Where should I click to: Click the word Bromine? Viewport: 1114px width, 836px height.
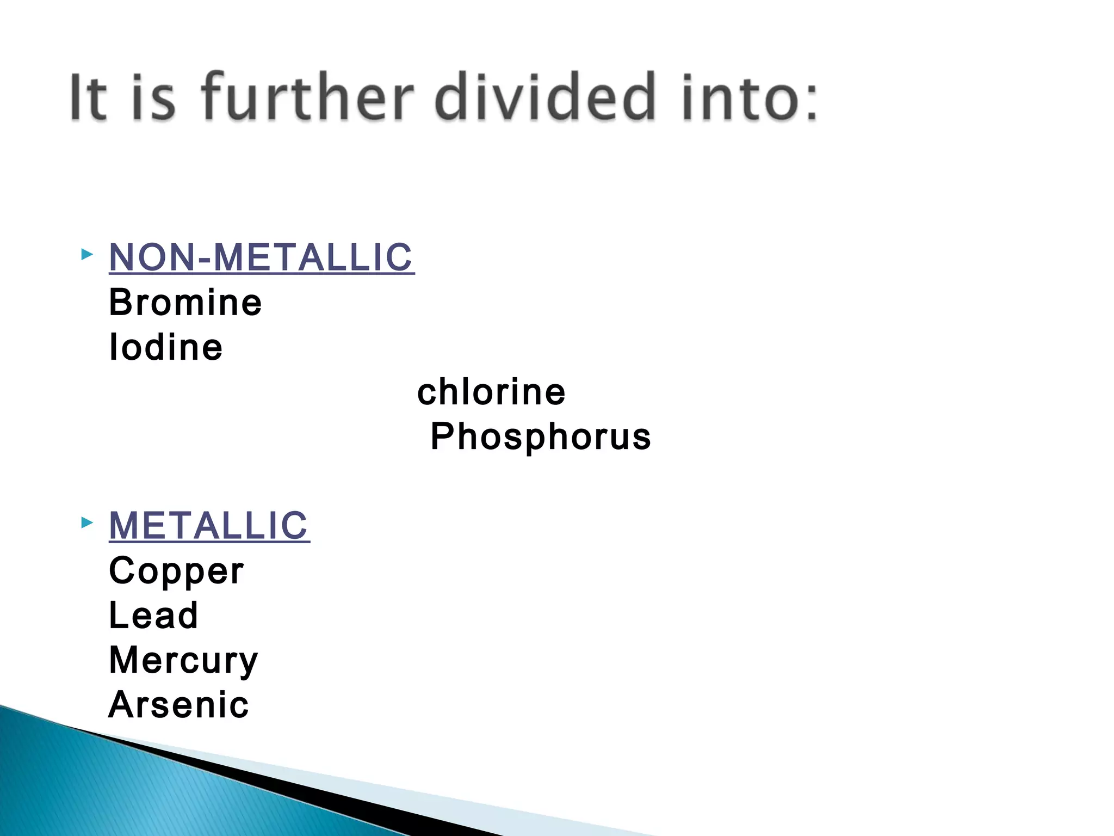point(185,303)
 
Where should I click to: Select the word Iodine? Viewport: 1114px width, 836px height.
point(166,347)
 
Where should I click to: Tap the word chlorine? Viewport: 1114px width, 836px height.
point(491,392)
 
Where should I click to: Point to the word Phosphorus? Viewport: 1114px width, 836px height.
point(541,437)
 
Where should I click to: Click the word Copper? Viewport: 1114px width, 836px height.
point(176,571)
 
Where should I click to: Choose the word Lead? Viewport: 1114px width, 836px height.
point(153,616)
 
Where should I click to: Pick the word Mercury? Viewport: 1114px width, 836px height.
point(183,661)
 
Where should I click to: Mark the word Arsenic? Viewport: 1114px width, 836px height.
point(178,705)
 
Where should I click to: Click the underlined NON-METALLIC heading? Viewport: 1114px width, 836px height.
point(261,257)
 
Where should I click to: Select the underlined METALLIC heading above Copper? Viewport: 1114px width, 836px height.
point(209,526)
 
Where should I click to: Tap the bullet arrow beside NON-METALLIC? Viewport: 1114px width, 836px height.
point(87,254)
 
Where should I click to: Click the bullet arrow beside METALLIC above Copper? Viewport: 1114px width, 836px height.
point(87,523)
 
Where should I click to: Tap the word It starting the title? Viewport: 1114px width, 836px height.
point(88,98)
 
